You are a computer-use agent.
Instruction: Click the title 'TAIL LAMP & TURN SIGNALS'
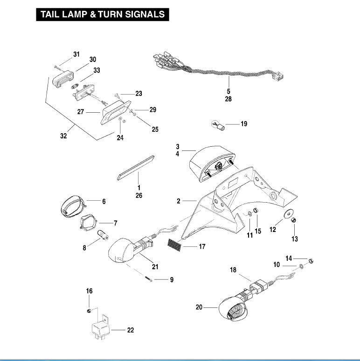pyautogui.click(x=102, y=14)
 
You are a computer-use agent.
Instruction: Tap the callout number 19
pyautogui.click(x=243, y=124)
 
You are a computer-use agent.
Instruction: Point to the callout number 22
pyautogui.click(x=131, y=330)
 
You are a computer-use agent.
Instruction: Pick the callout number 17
pyautogui.click(x=202, y=246)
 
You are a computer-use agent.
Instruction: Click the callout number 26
pyautogui.click(x=139, y=196)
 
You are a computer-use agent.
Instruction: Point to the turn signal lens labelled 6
pyautogui.click(x=74, y=205)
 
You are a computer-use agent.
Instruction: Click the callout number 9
pyautogui.click(x=172, y=280)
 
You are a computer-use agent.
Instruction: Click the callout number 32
pyautogui.click(x=64, y=136)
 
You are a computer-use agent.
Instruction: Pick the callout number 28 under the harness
pyautogui.click(x=228, y=99)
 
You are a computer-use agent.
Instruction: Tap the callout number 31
pyautogui.click(x=76, y=54)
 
